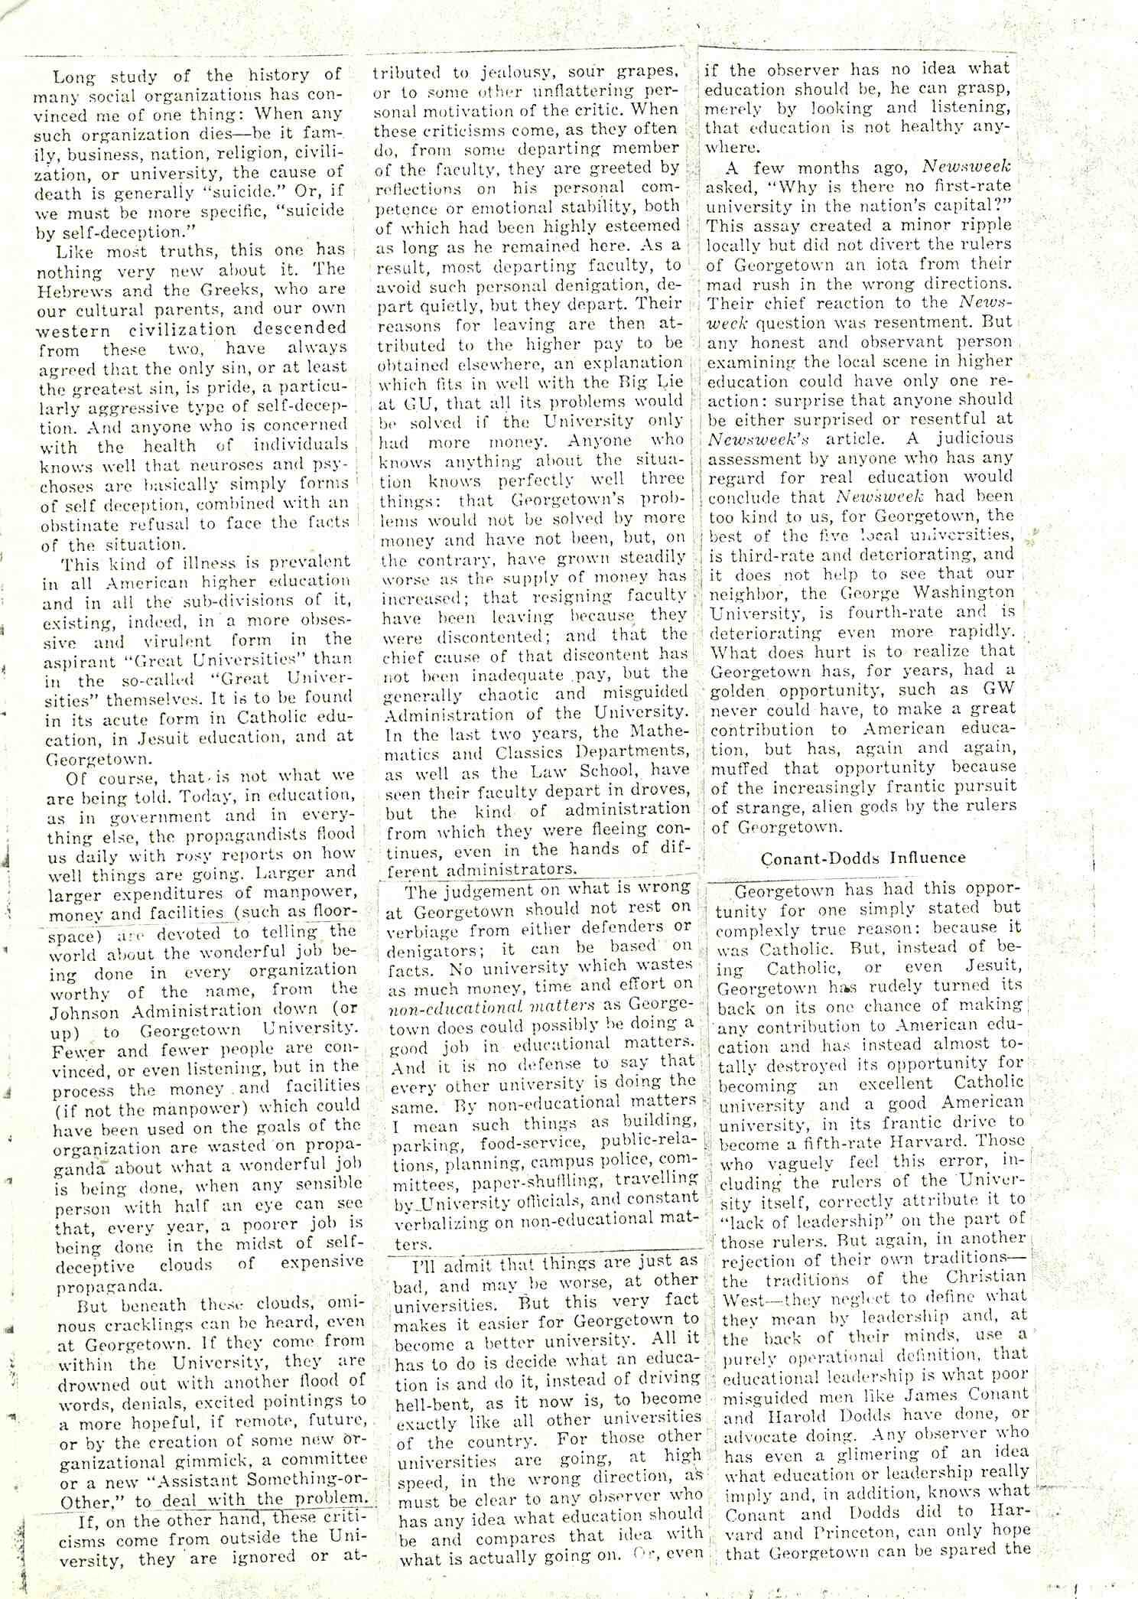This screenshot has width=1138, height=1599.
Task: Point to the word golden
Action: (x=740, y=689)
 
